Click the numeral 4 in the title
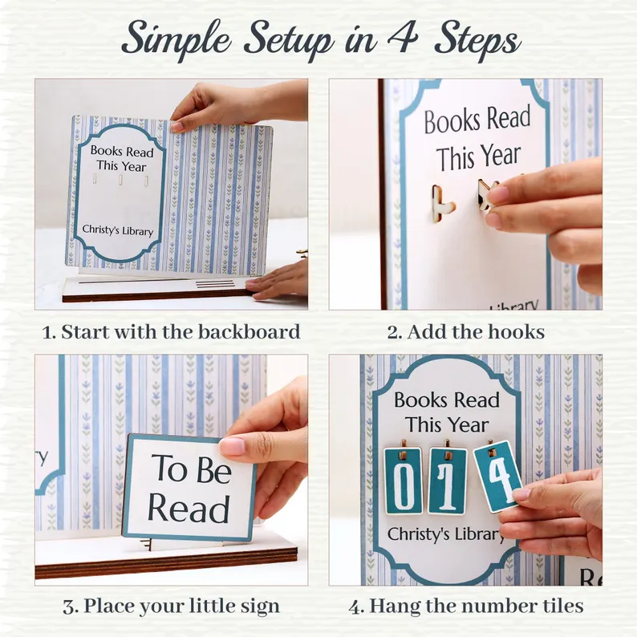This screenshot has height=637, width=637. pos(403,38)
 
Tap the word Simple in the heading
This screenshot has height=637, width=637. pos(176,40)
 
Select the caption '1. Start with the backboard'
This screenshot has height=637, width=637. pos(171,332)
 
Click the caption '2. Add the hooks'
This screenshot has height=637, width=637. pos(465,332)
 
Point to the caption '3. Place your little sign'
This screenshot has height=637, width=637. pos(171,607)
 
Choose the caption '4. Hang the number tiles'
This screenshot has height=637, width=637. pos(465,607)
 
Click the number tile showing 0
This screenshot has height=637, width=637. pos(403,481)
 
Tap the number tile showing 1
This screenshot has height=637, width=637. pos(448,481)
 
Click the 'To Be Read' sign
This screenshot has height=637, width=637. pos(189,488)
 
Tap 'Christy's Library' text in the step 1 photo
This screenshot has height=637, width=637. pos(118,230)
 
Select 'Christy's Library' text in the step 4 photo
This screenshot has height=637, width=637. pos(445,534)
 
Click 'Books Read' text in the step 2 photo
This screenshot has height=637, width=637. pos(477,120)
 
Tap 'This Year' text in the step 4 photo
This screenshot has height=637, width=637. pos(448,424)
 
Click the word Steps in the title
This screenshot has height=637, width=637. pos(477,41)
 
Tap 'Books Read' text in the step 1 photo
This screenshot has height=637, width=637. pos(122,151)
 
